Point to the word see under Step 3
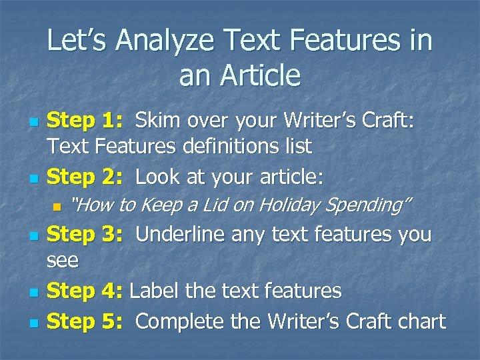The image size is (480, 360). pyautogui.click(x=63, y=261)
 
